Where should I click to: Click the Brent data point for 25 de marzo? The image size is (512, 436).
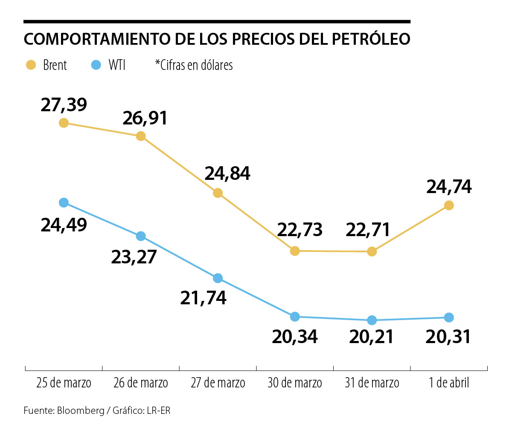pyautogui.click(x=64, y=123)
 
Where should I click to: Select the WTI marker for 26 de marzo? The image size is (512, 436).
pyautogui.click(x=141, y=236)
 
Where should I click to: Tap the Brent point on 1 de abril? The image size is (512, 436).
pyautogui.click(x=449, y=205)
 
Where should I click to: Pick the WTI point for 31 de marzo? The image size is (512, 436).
pyautogui.click(x=372, y=320)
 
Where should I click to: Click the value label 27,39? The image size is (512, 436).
pyautogui.click(x=64, y=105)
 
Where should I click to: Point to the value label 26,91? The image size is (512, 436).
pyautogui.click(x=145, y=118)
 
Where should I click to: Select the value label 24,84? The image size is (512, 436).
pyautogui.click(x=227, y=174)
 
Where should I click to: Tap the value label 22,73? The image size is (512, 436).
pyautogui.click(x=300, y=230)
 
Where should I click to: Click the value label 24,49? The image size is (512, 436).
pyautogui.click(x=64, y=225)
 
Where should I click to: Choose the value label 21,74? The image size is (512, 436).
pyautogui.click(x=204, y=298)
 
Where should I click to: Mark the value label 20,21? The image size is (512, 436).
pyautogui.click(x=372, y=337)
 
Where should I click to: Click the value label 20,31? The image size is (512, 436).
pyautogui.click(x=448, y=337)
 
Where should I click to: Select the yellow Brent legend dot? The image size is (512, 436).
pyautogui.click(x=31, y=65)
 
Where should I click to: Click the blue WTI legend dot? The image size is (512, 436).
pyautogui.click(x=96, y=65)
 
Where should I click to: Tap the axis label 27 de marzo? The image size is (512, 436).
pyautogui.click(x=218, y=383)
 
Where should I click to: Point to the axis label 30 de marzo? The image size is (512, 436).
pyautogui.click(x=295, y=383)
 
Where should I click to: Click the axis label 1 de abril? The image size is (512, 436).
pyautogui.click(x=449, y=383)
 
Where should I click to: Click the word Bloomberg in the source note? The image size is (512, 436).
pyautogui.click(x=81, y=411)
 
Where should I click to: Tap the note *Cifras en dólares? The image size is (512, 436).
pyautogui.click(x=194, y=65)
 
